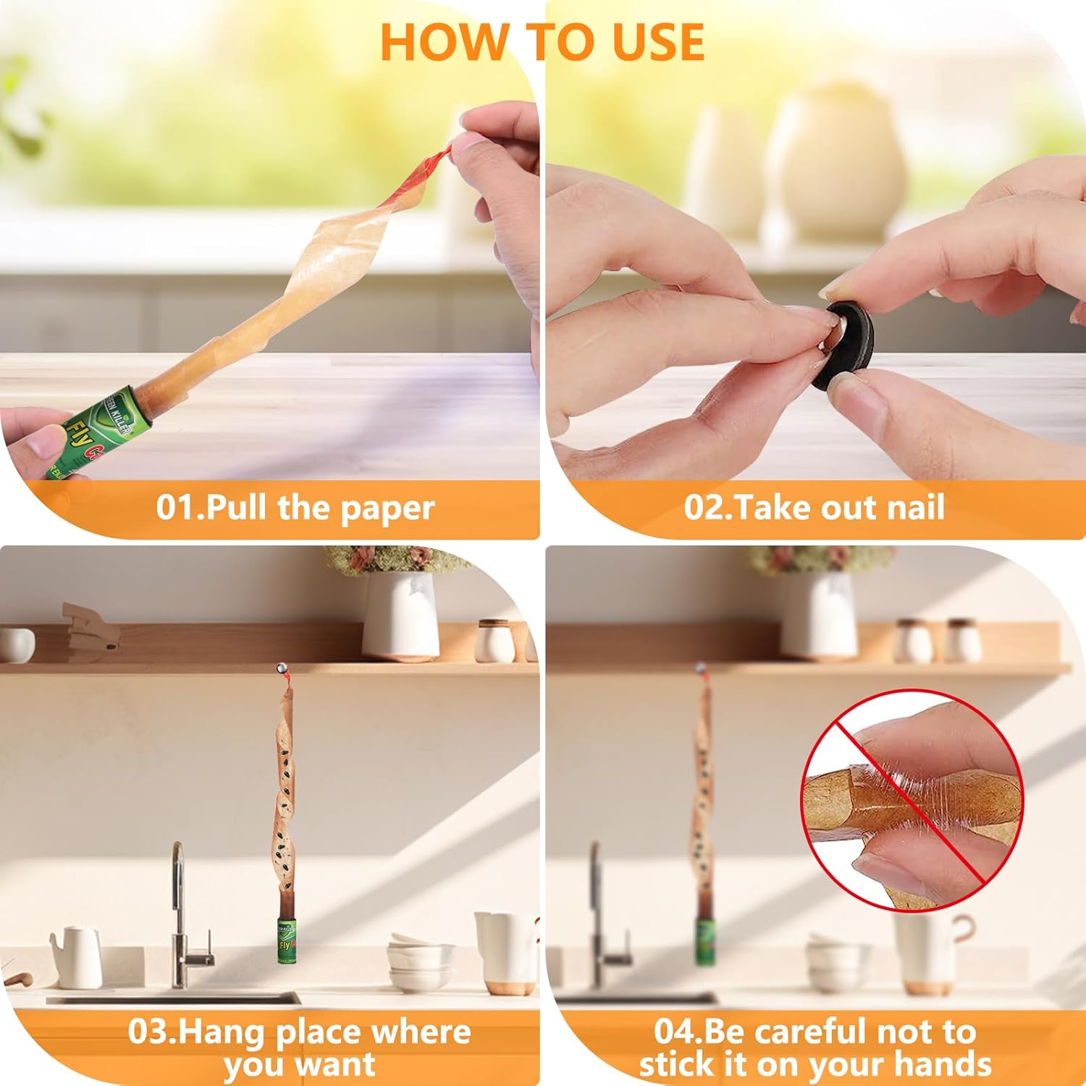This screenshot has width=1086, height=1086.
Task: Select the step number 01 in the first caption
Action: point(177,508)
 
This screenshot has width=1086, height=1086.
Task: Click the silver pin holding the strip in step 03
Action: point(282,668)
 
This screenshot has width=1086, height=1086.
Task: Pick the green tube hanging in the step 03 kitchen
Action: point(289,940)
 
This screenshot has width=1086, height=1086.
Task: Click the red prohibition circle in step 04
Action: point(909,800)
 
